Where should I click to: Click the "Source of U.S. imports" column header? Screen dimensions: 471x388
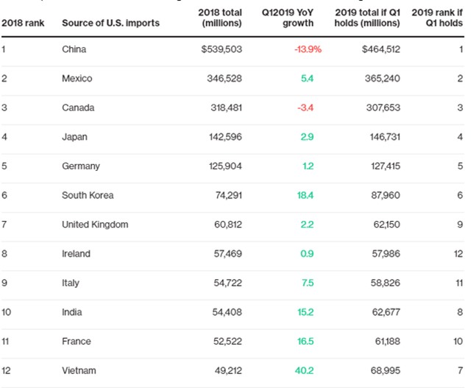point(110,23)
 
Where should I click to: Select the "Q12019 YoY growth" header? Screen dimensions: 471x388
point(288,18)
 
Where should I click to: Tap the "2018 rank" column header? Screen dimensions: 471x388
point(23,23)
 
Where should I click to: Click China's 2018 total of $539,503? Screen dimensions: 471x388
point(222,49)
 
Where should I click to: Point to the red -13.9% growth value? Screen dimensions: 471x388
point(308,49)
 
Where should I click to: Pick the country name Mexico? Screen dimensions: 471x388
point(77,79)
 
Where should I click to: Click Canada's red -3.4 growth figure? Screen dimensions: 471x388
point(305,107)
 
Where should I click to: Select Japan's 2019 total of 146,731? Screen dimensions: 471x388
point(385,137)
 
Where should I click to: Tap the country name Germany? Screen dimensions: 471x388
point(81,166)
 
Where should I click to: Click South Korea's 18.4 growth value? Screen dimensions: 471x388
point(305,195)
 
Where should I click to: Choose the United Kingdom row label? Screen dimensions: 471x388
point(95,225)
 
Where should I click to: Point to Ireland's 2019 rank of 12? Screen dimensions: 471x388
point(458,254)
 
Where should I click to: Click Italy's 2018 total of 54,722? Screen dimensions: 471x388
point(227,283)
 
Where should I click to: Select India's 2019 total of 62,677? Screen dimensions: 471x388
point(386,312)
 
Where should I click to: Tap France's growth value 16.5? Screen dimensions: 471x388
point(305,342)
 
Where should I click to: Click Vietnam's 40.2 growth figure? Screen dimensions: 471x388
point(304,370)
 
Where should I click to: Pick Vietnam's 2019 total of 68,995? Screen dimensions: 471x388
point(386,370)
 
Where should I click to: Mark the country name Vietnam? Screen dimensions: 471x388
point(79,370)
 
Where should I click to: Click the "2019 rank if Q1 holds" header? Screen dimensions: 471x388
point(437,18)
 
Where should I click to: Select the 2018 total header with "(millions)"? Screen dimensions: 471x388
point(220,18)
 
